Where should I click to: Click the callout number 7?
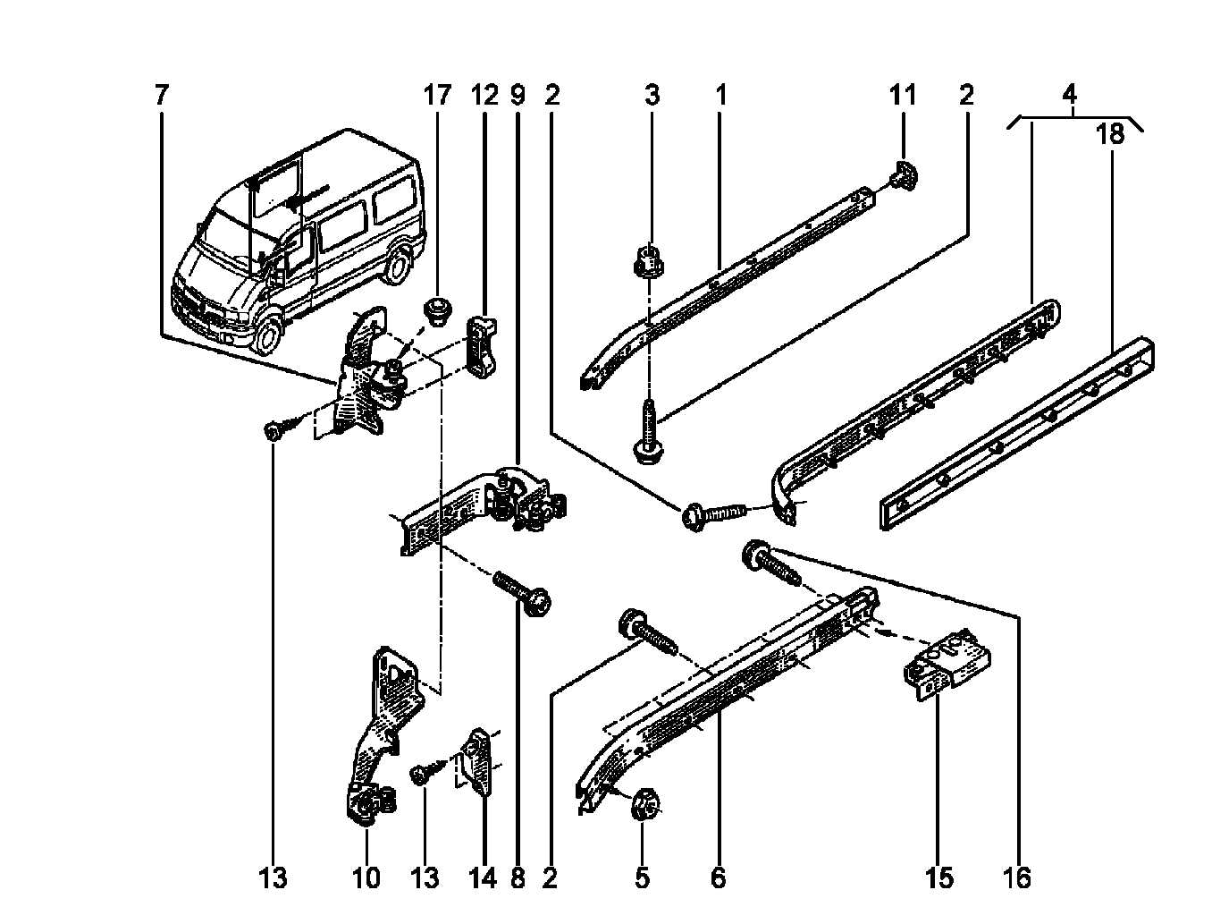coord(160,95)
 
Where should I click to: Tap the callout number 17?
coord(437,95)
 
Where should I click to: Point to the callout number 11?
coord(902,95)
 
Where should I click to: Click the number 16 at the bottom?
coord(1016,877)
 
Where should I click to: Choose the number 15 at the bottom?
coord(938,877)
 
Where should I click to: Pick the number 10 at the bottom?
coord(366,877)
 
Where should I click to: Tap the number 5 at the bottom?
coord(642,877)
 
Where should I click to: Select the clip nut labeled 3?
coord(649,261)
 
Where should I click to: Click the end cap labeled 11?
coord(904,175)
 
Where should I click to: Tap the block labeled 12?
coord(482,346)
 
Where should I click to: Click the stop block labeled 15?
coord(946,665)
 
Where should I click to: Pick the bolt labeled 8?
coord(522,594)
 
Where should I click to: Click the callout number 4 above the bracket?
coord(1070,95)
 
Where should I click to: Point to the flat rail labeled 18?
coord(1016,433)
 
